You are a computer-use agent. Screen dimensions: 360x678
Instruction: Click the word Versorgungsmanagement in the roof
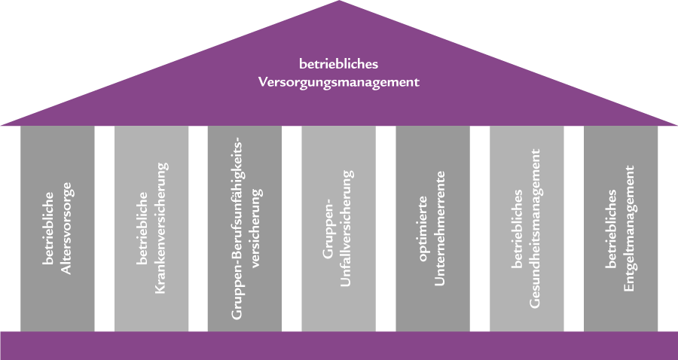[338, 82]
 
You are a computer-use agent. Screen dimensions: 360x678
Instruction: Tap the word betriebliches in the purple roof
[338, 63]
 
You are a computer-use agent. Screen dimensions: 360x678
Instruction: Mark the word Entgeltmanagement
[630, 229]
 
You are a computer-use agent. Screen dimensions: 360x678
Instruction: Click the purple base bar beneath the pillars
[339, 345]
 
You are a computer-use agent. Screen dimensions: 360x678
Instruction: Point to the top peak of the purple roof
[339, 5]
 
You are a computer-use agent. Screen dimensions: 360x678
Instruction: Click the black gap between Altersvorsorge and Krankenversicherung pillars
[105, 226]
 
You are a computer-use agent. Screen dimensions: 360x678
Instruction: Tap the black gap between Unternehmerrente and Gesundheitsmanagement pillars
[480, 226]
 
